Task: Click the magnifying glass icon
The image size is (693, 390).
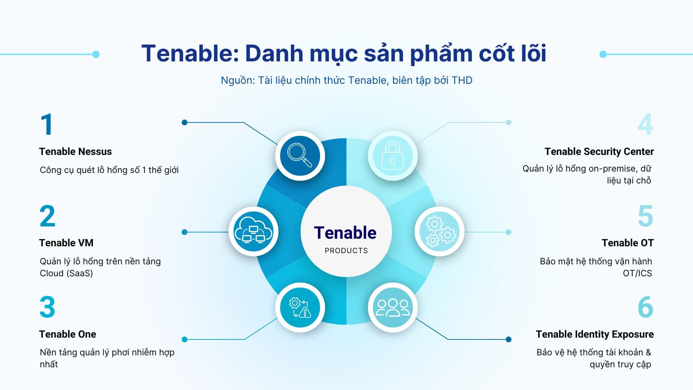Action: coord(300,156)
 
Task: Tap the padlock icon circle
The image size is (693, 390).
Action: coord(393,156)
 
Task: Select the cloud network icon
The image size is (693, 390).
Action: coord(253,231)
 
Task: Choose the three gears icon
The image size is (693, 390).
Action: coord(439,231)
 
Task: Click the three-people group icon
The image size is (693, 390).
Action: coord(393,307)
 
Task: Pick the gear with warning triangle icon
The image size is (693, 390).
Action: coord(300,307)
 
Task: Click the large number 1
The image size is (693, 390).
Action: coord(47,125)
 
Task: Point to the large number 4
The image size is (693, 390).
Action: coord(645,125)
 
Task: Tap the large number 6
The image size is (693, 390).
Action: coord(645,307)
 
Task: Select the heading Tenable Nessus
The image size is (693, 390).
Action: coord(75,152)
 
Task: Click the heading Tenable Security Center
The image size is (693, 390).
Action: coord(599,152)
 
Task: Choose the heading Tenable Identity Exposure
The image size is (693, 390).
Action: coord(594,334)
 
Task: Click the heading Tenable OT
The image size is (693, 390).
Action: coord(627,243)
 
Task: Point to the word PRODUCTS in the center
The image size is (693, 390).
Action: coord(346,251)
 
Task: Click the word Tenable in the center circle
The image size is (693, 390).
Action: coord(345,233)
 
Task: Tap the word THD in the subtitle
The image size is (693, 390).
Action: coord(462,80)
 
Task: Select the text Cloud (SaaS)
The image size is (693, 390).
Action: coord(66,273)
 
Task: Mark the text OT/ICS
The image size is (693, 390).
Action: coord(637,273)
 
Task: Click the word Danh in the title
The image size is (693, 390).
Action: coord(274,53)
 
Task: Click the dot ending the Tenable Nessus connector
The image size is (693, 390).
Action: coord(184,122)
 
